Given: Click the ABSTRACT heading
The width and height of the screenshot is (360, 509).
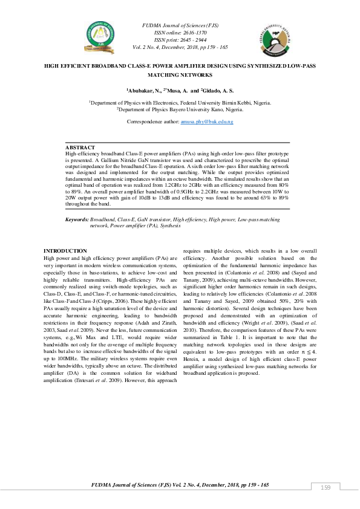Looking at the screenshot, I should click(x=80, y=148).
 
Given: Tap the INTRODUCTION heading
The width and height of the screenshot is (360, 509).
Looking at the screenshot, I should click(x=65, y=251).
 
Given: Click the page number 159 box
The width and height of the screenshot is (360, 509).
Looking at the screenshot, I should click(x=326, y=488).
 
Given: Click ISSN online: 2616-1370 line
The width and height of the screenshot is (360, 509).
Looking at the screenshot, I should click(x=180, y=33).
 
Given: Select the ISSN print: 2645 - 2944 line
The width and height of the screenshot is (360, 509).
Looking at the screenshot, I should click(x=180, y=39).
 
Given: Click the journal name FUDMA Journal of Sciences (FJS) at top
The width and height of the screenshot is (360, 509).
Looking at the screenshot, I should click(x=180, y=25).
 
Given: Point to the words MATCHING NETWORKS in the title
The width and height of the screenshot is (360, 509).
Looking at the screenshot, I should click(x=180, y=75).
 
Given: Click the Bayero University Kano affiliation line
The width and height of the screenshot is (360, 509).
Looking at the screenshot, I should click(x=180, y=110).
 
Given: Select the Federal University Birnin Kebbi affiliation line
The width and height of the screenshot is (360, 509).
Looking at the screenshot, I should click(x=180, y=103).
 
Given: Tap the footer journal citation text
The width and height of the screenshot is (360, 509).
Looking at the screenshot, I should click(x=180, y=485).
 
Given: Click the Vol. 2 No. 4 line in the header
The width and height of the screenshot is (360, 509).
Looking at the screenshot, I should click(x=180, y=47).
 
